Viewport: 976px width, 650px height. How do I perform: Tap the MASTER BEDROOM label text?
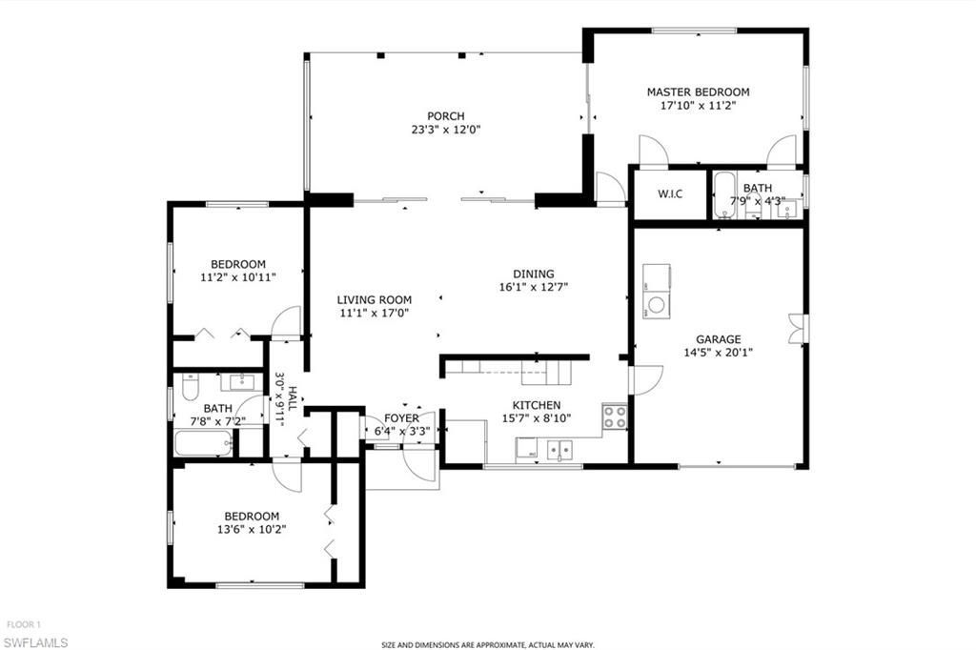(698, 92)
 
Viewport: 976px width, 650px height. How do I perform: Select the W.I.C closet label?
(669, 193)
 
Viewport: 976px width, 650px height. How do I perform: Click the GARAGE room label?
(718, 339)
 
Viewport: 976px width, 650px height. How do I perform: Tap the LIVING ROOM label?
(374, 299)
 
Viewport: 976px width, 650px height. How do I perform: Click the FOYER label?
(401, 418)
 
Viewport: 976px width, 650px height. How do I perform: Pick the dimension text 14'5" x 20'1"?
(718, 352)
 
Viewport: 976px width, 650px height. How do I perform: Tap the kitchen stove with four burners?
(615, 416)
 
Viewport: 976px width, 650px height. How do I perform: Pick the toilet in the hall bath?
(189, 388)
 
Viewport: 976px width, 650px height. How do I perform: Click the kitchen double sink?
(559, 447)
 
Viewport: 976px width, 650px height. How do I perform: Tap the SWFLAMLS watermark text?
(35, 642)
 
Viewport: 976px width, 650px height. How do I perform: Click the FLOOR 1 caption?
(24, 625)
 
